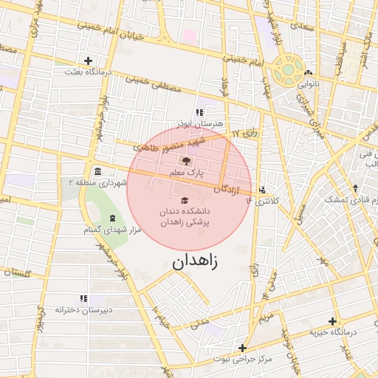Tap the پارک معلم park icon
click(x=185, y=161)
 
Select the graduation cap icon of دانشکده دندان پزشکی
click(x=185, y=200)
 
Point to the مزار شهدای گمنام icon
click(x=112, y=218)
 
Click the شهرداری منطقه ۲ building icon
click(x=97, y=172)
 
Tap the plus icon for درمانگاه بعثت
click(x=89, y=61)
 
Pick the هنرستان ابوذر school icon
click(x=199, y=112)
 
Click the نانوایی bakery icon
click(x=308, y=74)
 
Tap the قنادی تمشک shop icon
click(x=356, y=188)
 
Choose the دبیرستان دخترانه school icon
click(x=83, y=298)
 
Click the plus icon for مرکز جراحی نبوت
click(x=242, y=348)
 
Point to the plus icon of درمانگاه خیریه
click(x=333, y=321)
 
